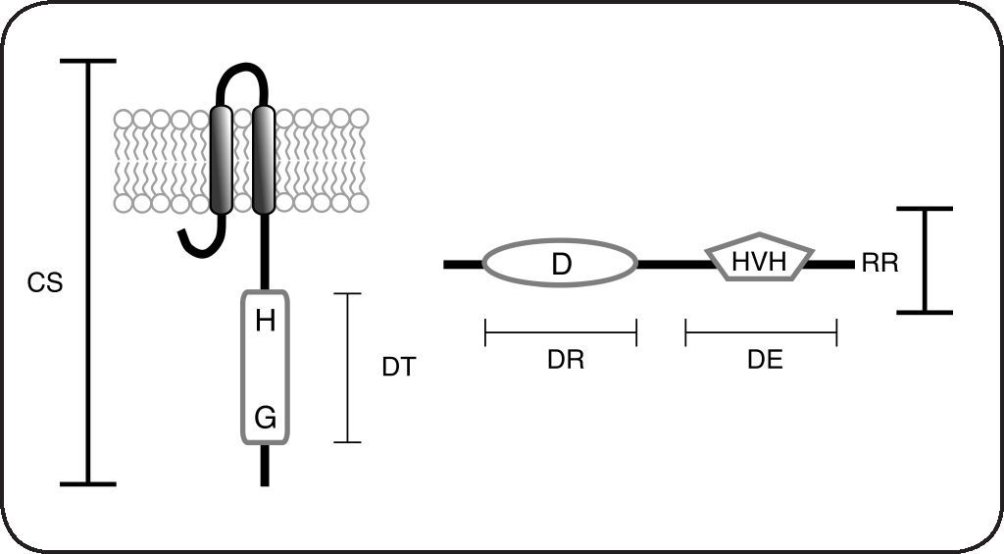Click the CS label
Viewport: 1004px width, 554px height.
[45, 283]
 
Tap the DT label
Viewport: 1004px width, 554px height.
[399, 368]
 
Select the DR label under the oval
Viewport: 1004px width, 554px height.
[566, 360]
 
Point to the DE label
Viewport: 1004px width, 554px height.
[765, 360]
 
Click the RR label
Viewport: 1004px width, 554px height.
[878, 264]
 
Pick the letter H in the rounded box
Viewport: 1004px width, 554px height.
[265, 320]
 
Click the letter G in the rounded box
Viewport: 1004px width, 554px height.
[265, 419]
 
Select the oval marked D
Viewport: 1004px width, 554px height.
[561, 264]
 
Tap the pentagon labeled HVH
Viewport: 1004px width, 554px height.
[761, 260]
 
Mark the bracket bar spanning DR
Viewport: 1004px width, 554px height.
[561, 332]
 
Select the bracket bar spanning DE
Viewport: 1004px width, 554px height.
[761, 332]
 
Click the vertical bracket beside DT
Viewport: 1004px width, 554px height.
[348, 368]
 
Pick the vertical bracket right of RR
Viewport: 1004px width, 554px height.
[925, 261]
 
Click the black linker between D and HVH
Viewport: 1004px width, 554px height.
[673, 264]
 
